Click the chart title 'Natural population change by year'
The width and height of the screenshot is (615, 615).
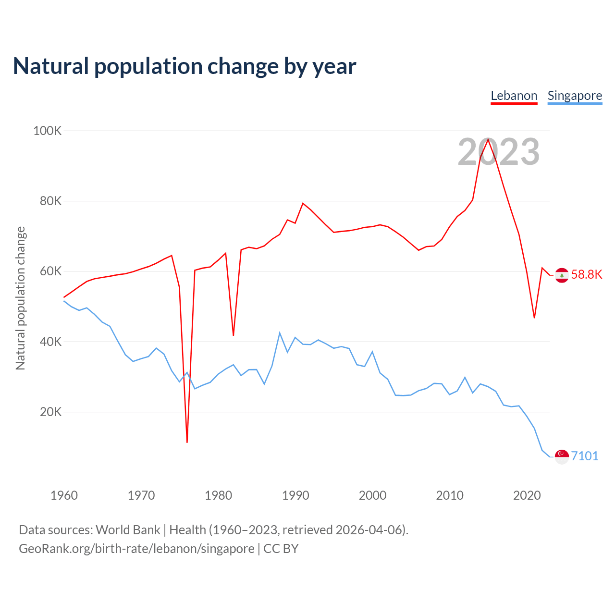pyautogui.click(x=184, y=66)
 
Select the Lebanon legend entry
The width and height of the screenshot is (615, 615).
pyautogui.click(x=514, y=96)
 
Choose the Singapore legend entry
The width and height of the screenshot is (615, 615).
pyautogui.click(x=575, y=96)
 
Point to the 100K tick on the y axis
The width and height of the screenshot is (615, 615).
pyautogui.click(x=47, y=131)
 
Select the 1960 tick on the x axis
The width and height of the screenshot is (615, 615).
pyautogui.click(x=64, y=495)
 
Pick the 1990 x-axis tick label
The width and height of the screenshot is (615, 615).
pyautogui.click(x=295, y=495)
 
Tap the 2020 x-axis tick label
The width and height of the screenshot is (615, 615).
pyautogui.click(x=527, y=495)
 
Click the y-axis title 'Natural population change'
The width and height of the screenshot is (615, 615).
pyautogui.click(x=21, y=298)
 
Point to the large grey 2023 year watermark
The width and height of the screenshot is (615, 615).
pyautogui.click(x=499, y=152)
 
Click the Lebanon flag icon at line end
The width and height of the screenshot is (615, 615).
pyautogui.click(x=562, y=275)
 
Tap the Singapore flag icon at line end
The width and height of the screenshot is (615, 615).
pyautogui.click(x=562, y=456)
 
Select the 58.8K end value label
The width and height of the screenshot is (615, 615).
pyautogui.click(x=587, y=274)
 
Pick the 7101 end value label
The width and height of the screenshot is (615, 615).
pyautogui.click(x=585, y=456)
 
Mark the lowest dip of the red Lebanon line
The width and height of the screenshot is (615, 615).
pyautogui.click(x=187, y=442)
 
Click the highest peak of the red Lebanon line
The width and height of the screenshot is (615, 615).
pyautogui.click(x=488, y=139)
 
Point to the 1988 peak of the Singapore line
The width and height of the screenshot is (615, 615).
pyautogui.click(x=280, y=332)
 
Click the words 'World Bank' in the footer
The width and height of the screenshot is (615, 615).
pyautogui.click(x=128, y=530)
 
